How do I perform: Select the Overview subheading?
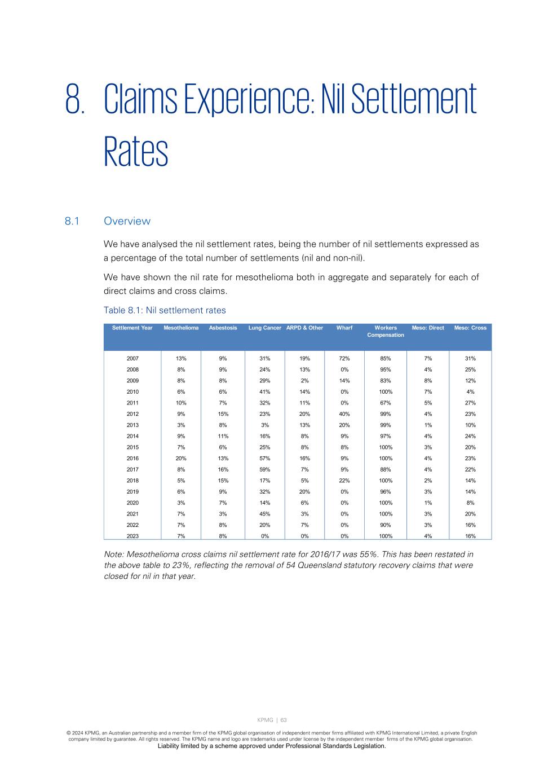coord(127,221)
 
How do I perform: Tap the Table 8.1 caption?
coord(165,310)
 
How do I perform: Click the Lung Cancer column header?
coord(264,328)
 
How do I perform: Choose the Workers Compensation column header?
coord(386,331)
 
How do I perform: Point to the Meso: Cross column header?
coord(470,328)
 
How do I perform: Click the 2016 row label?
coord(132,459)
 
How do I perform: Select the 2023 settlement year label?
coord(132,536)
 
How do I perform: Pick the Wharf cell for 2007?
coord(344,359)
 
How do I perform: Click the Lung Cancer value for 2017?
coord(264,470)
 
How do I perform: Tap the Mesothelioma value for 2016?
coord(181,459)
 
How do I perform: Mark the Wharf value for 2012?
coord(344,414)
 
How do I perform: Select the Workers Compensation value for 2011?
coord(386,403)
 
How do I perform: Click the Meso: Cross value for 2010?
coord(470,392)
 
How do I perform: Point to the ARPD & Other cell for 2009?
coord(304,381)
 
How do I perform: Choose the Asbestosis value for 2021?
coord(223,514)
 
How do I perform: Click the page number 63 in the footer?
coord(284,720)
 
